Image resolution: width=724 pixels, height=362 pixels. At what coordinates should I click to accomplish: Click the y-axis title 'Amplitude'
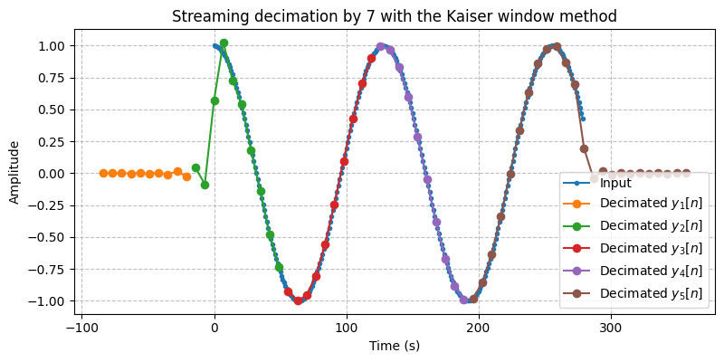pos(14,172)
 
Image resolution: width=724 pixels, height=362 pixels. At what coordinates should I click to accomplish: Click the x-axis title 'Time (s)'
pos(395,345)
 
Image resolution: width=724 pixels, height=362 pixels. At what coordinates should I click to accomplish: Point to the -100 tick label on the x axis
pos(81,327)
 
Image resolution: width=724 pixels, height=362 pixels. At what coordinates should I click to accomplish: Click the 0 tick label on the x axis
pos(214,327)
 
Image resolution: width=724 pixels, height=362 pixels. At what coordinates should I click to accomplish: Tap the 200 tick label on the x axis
pos(479,327)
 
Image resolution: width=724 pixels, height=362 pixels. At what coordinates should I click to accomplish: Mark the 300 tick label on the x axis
pos(611,327)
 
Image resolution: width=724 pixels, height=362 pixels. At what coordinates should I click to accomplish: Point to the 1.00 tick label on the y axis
pos(52,45)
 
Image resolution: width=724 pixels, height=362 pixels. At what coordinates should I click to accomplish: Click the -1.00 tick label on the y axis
pos(48,300)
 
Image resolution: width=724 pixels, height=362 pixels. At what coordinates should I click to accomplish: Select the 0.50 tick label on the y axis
pos(52,110)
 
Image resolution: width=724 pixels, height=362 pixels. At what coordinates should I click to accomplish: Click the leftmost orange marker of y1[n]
pos(103,173)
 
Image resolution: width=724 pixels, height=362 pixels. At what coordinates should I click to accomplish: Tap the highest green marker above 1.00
pos(224,43)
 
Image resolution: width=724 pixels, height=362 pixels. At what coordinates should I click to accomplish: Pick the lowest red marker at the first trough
pos(298,300)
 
